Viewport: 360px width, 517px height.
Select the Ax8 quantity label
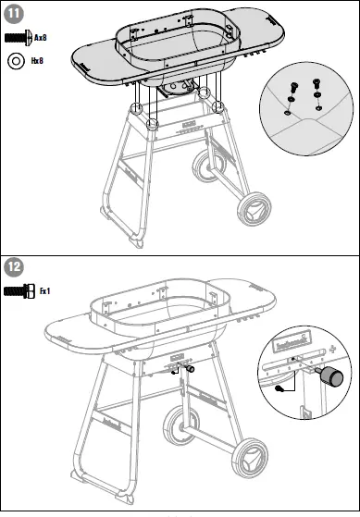41,38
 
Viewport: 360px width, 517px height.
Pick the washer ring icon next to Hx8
16,61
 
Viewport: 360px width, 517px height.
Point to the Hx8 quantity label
37,61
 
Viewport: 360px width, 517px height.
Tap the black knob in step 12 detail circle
329,376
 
